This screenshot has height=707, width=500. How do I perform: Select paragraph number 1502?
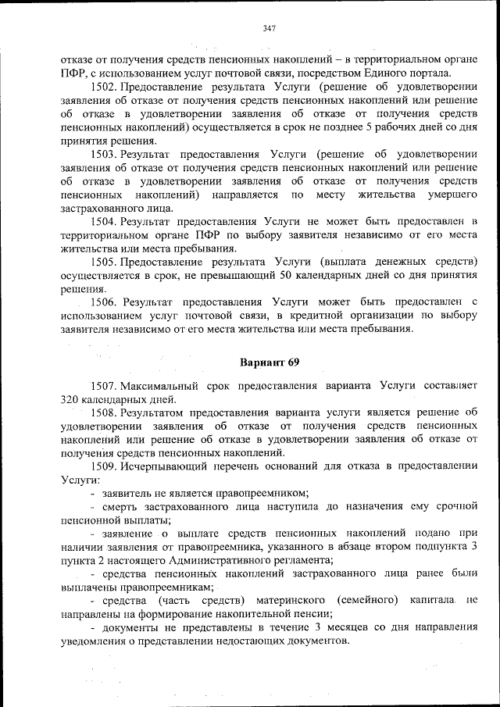click(x=105, y=86)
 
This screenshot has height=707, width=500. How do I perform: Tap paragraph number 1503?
click(x=105, y=155)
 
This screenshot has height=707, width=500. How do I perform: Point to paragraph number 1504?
click(x=105, y=222)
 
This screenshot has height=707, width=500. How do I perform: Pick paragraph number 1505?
click(x=105, y=260)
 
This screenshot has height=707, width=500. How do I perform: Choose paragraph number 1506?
click(x=105, y=302)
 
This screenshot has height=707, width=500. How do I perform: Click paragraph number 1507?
click(x=105, y=386)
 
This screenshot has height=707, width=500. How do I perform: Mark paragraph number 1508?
click(x=105, y=412)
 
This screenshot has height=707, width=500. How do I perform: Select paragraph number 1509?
click(x=105, y=466)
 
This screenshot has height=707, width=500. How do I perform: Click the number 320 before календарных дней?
click(x=71, y=398)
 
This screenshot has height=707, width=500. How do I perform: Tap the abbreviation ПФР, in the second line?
click(x=73, y=72)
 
